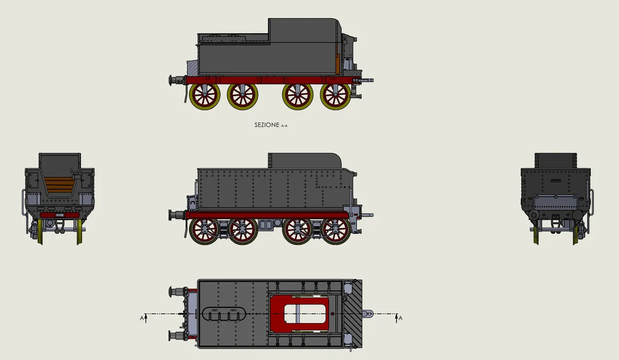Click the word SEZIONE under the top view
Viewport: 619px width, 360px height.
[x=266, y=125]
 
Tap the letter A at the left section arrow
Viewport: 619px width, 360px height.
[x=142, y=317]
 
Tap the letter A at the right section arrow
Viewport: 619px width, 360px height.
[x=400, y=317]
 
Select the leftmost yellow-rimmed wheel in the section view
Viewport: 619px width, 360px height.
[x=205, y=96]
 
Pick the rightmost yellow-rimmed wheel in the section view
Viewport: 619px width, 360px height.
[x=336, y=96]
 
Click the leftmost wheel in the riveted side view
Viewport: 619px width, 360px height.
[x=205, y=231]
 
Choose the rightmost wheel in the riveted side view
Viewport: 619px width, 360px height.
[x=336, y=231]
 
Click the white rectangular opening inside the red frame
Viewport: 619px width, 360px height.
[x=306, y=314]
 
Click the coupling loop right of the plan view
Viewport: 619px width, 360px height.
[x=369, y=314]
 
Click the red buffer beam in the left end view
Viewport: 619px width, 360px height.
[x=59, y=215]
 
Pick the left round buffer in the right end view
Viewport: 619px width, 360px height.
[x=534, y=214]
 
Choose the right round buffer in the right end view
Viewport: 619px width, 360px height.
[x=577, y=214]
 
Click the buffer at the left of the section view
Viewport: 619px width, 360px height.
[x=174, y=80]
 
